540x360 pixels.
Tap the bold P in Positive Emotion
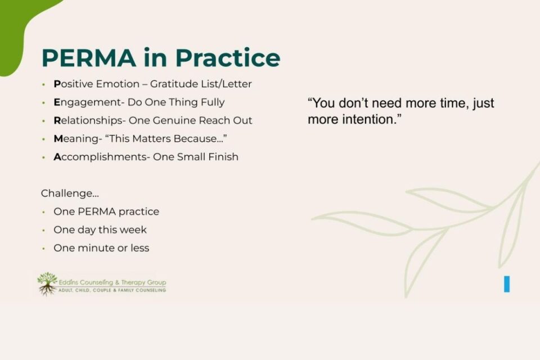57,84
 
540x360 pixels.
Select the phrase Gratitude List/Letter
201,84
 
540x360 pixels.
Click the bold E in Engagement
57,102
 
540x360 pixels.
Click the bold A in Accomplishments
57,157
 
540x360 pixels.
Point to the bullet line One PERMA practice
106,212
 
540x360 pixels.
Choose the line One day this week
100,230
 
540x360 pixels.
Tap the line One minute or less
101,248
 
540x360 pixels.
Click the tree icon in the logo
47,283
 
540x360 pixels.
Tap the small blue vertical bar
507,284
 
